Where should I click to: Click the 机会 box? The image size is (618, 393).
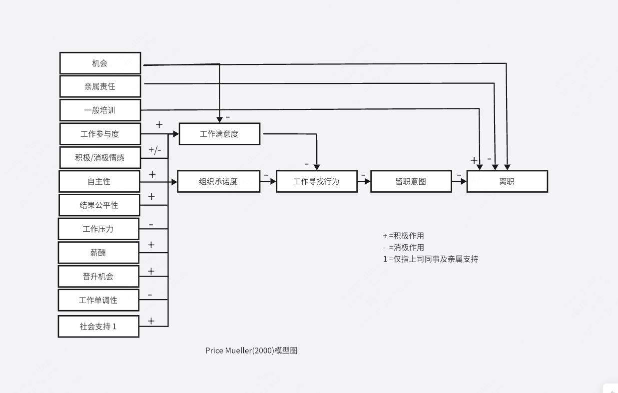pos(100,63)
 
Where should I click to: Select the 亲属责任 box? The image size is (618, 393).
pos(100,86)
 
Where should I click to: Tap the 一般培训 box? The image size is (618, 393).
pos(100,110)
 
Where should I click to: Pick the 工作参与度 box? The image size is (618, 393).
pos(100,134)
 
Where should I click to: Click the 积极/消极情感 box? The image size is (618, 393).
pos(100,158)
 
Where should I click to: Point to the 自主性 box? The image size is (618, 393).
pos(99,181)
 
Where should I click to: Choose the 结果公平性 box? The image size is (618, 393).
pos(99,205)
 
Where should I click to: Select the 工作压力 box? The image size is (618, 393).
pos(98,229)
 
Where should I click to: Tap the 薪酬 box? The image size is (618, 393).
pos(98,253)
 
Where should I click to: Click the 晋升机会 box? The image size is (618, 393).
pos(98,276)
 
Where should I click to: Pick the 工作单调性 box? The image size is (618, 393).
pos(98,300)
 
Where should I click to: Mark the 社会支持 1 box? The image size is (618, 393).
pos(98,327)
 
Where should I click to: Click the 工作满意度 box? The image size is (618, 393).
pos(219,134)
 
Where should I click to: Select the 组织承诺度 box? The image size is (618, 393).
pos(218,181)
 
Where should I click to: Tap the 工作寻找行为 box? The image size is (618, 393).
pos(316,181)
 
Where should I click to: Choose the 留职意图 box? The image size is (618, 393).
pos(411,181)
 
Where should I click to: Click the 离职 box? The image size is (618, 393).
pos(507,181)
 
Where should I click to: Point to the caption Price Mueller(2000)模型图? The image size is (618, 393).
pos(251,351)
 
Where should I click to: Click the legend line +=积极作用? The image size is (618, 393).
pos(403,236)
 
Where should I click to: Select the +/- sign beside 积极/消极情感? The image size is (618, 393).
pos(155,150)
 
